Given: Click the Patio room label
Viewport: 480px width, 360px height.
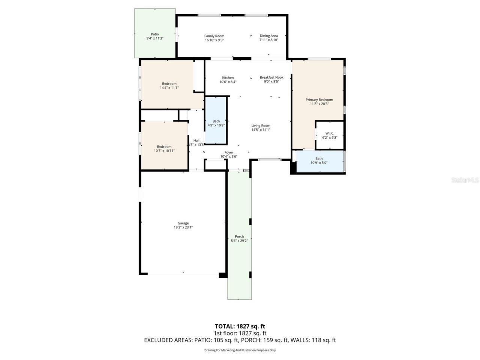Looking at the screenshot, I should [155, 34].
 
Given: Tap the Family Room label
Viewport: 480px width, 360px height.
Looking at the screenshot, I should [214, 36].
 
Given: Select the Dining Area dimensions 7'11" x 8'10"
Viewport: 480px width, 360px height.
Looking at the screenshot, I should [268, 40].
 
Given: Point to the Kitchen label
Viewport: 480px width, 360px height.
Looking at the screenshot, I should [228, 78].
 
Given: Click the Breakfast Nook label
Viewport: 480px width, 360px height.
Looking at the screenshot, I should [271, 77].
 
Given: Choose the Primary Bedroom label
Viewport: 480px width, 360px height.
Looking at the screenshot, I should [319, 100].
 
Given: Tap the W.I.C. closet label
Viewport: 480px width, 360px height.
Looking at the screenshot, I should [330, 133].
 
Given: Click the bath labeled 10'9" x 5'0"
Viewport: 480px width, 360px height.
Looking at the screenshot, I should [319, 161].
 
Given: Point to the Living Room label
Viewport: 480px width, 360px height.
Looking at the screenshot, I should [261, 126].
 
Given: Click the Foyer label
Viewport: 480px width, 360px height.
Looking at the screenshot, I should [229, 153].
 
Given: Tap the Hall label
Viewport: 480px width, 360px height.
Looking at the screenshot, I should [196, 140].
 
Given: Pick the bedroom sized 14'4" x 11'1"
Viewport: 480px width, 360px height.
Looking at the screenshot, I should [169, 86].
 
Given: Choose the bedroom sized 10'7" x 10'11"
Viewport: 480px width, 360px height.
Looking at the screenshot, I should [164, 149].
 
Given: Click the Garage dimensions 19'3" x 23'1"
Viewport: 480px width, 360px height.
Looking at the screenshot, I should [183, 228].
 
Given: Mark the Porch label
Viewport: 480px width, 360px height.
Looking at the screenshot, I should [239, 236].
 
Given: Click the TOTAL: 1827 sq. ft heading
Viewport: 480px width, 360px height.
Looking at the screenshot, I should [240, 326].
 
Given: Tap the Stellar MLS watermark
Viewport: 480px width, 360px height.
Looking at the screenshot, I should [465, 180].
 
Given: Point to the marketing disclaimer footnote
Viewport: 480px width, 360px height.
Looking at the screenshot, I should [240, 350].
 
